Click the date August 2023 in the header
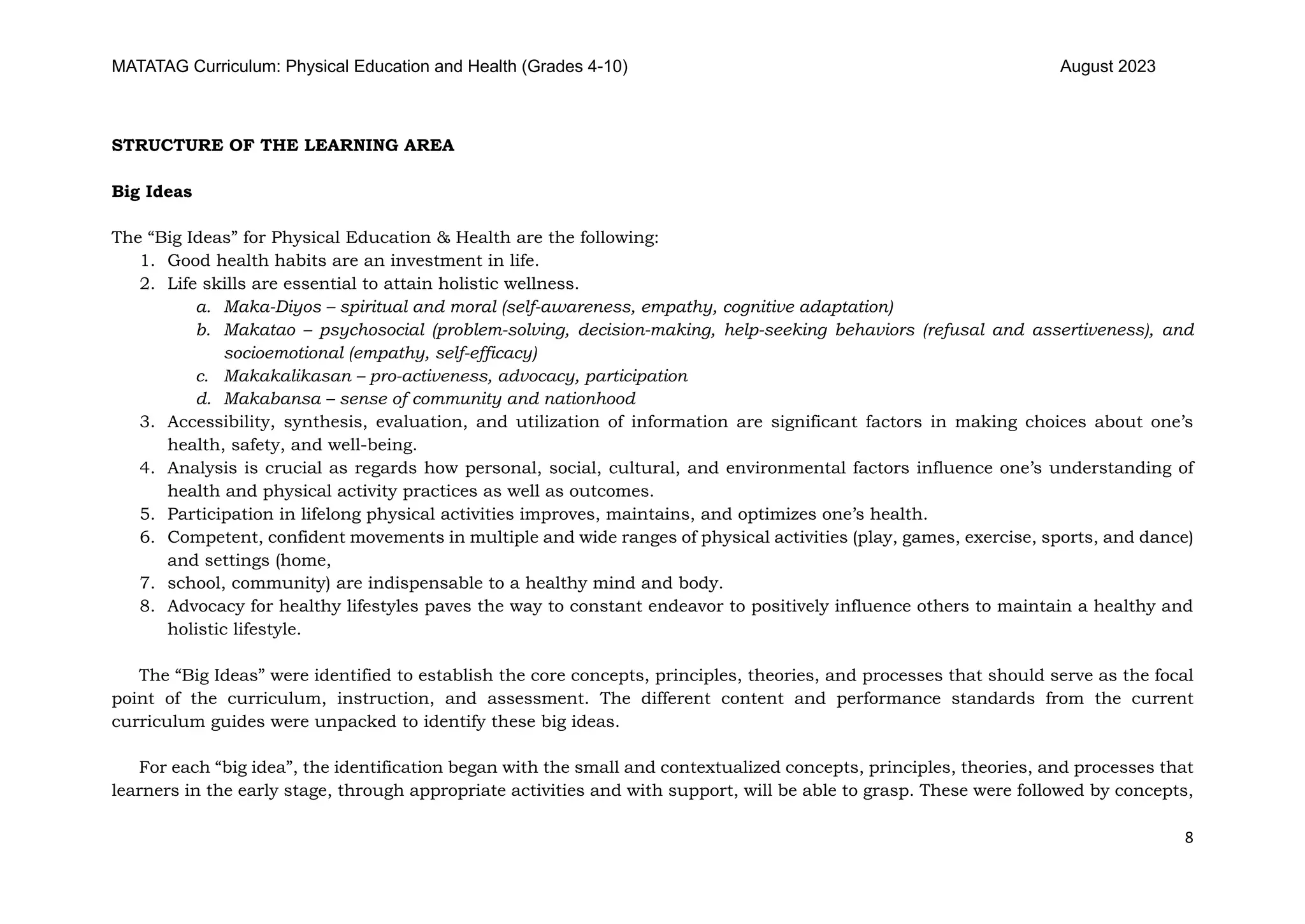(x=1107, y=67)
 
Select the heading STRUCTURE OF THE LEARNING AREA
(x=283, y=145)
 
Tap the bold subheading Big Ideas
(x=152, y=191)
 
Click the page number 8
(x=1188, y=838)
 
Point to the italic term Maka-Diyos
(x=273, y=307)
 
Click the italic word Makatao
(x=259, y=330)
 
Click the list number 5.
(x=147, y=514)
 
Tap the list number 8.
(x=147, y=606)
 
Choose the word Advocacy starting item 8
(x=204, y=606)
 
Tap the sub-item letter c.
(x=203, y=376)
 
